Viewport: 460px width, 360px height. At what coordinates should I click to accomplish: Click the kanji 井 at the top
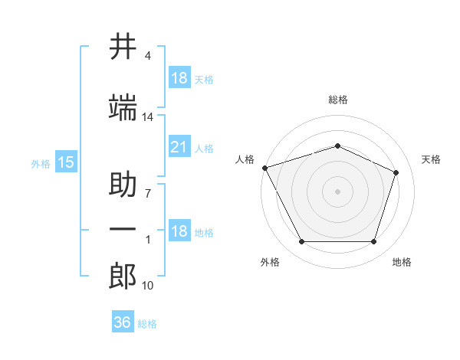tap(123, 46)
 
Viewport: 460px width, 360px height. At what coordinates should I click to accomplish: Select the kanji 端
tap(123, 107)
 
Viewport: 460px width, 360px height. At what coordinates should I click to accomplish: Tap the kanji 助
tap(123, 184)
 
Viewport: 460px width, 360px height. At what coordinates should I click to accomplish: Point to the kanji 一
tap(123, 229)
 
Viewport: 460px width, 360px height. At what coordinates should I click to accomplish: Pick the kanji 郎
tap(123, 276)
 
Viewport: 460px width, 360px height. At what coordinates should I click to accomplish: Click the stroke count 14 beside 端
tap(147, 117)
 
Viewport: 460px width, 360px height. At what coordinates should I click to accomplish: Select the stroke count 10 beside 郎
tap(147, 286)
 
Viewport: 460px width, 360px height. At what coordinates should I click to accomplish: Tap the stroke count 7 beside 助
tap(148, 194)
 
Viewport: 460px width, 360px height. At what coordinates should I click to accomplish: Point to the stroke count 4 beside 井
tap(147, 56)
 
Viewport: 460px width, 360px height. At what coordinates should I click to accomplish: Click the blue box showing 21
tap(179, 146)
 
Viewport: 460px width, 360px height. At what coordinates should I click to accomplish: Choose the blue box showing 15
tap(66, 162)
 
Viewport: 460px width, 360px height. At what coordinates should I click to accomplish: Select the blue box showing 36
tap(123, 321)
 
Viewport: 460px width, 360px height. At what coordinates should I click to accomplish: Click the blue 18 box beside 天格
tap(179, 77)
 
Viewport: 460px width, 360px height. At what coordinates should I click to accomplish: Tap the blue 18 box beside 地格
tap(179, 230)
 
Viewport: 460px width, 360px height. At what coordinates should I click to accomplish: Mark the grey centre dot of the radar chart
tap(337, 191)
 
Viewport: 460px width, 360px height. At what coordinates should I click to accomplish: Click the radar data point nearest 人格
tap(265, 168)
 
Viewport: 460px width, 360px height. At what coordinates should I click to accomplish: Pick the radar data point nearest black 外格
tap(302, 241)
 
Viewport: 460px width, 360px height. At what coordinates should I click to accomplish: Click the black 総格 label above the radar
tap(338, 100)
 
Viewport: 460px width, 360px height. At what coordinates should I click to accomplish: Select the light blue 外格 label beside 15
tap(41, 164)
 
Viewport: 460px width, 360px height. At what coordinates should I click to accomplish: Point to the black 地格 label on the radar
tap(402, 262)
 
